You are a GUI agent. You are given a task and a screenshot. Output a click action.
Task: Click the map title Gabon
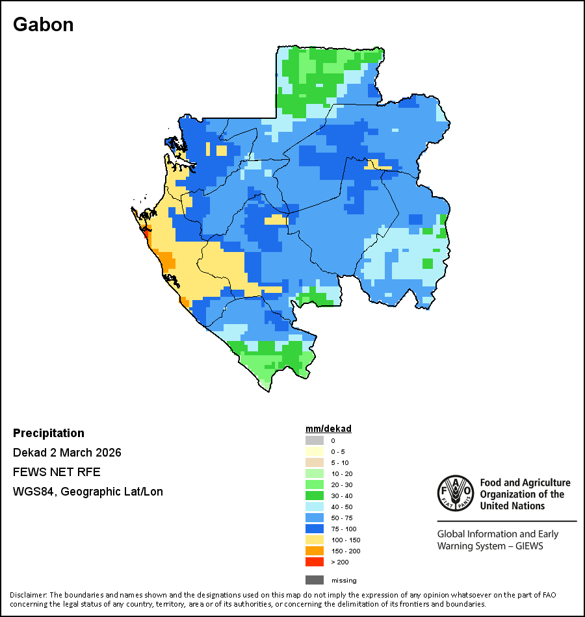coord(43,25)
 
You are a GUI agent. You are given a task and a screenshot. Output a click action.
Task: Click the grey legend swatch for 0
coord(314,440)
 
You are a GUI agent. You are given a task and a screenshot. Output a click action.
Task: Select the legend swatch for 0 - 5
coord(314,451)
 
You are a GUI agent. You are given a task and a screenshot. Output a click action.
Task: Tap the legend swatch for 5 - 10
coord(314,462)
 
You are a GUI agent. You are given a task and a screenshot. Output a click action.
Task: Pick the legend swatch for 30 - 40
coord(314,496)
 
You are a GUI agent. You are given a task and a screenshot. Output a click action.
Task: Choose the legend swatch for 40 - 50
coord(314,507)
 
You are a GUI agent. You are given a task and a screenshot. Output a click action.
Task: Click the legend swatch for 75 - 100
coord(314,529)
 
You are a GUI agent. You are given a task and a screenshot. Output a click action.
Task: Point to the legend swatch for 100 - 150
coord(314,540)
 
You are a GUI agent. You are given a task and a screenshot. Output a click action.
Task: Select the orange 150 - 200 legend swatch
coord(314,551)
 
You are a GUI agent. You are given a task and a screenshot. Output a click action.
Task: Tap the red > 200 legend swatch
coord(314,562)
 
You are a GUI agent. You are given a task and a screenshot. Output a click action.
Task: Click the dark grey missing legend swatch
coord(314,580)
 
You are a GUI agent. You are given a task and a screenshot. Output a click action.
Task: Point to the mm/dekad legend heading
coord(328,429)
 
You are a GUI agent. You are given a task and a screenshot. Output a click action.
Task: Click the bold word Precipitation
coord(49,433)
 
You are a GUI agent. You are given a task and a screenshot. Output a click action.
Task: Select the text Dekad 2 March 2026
coord(67,453)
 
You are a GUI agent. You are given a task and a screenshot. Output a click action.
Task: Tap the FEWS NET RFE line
coord(57,472)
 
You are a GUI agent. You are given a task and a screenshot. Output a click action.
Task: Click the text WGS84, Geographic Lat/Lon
coord(88,492)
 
